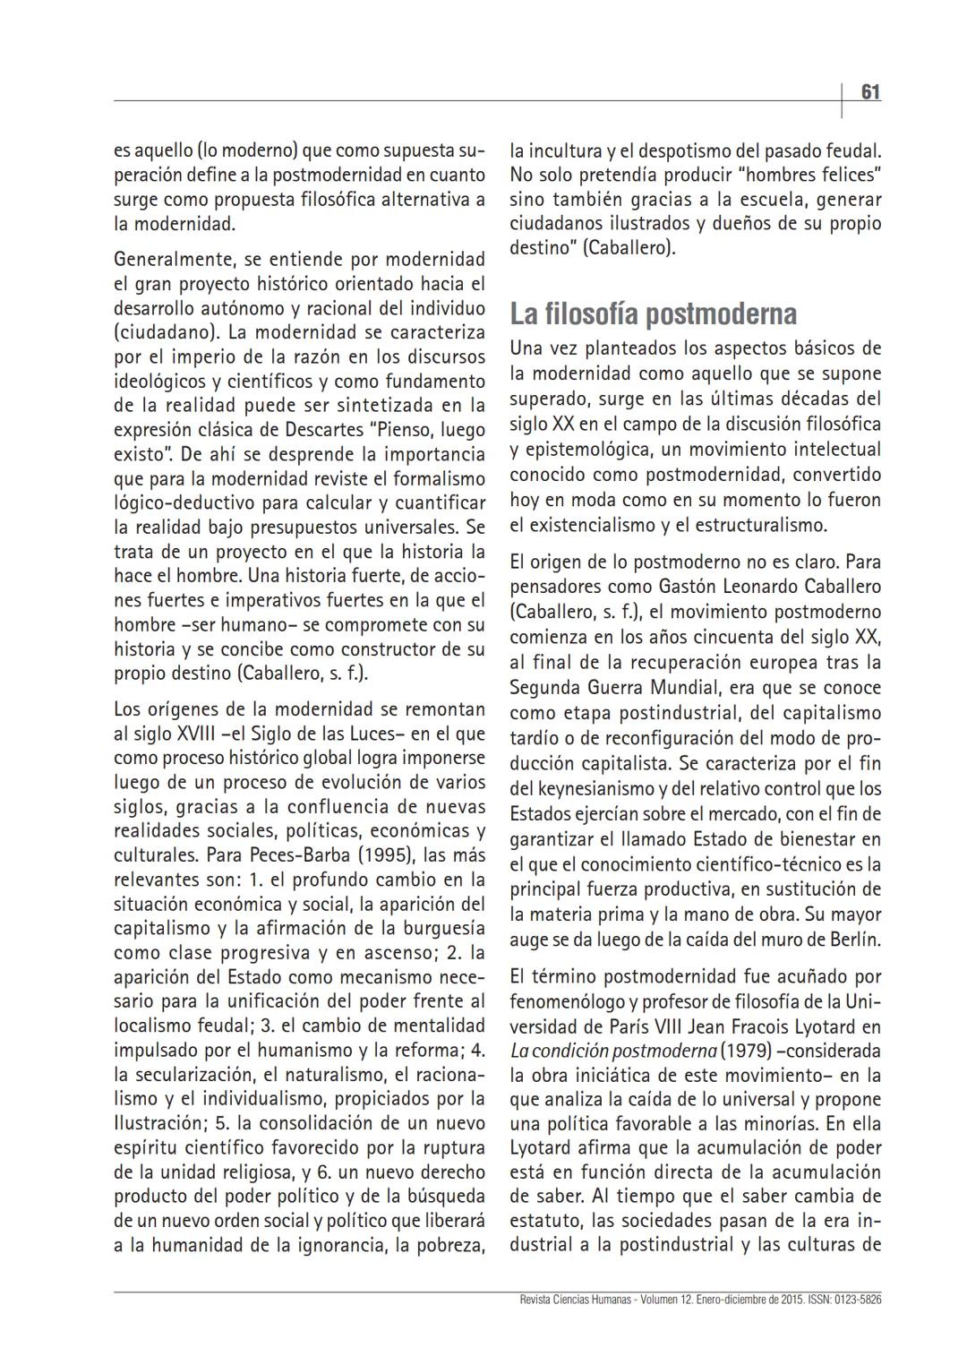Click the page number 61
tap(870, 92)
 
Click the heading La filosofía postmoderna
tap(653, 314)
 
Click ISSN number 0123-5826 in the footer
tap(857, 1299)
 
